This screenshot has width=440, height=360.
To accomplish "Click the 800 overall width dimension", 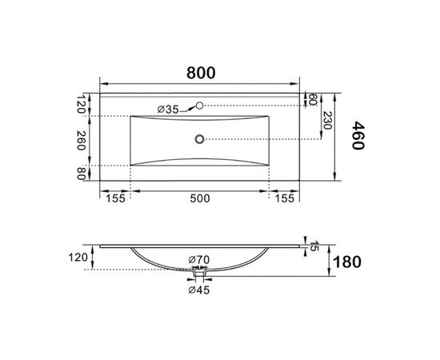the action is point(201,73).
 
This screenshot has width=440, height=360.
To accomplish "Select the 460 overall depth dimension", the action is point(358,135).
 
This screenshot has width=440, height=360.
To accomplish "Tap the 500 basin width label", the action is point(200,198).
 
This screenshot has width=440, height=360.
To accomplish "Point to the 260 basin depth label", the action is point(81,140).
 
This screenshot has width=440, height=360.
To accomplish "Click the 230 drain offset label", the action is point(327,120).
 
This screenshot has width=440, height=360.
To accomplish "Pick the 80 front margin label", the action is point(81,174).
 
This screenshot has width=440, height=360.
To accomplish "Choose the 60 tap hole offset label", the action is point(313,100).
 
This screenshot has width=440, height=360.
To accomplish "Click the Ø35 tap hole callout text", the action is point(168,110).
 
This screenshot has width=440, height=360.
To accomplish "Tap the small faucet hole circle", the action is point(199,106).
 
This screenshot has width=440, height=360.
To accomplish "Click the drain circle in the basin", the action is point(199,139).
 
